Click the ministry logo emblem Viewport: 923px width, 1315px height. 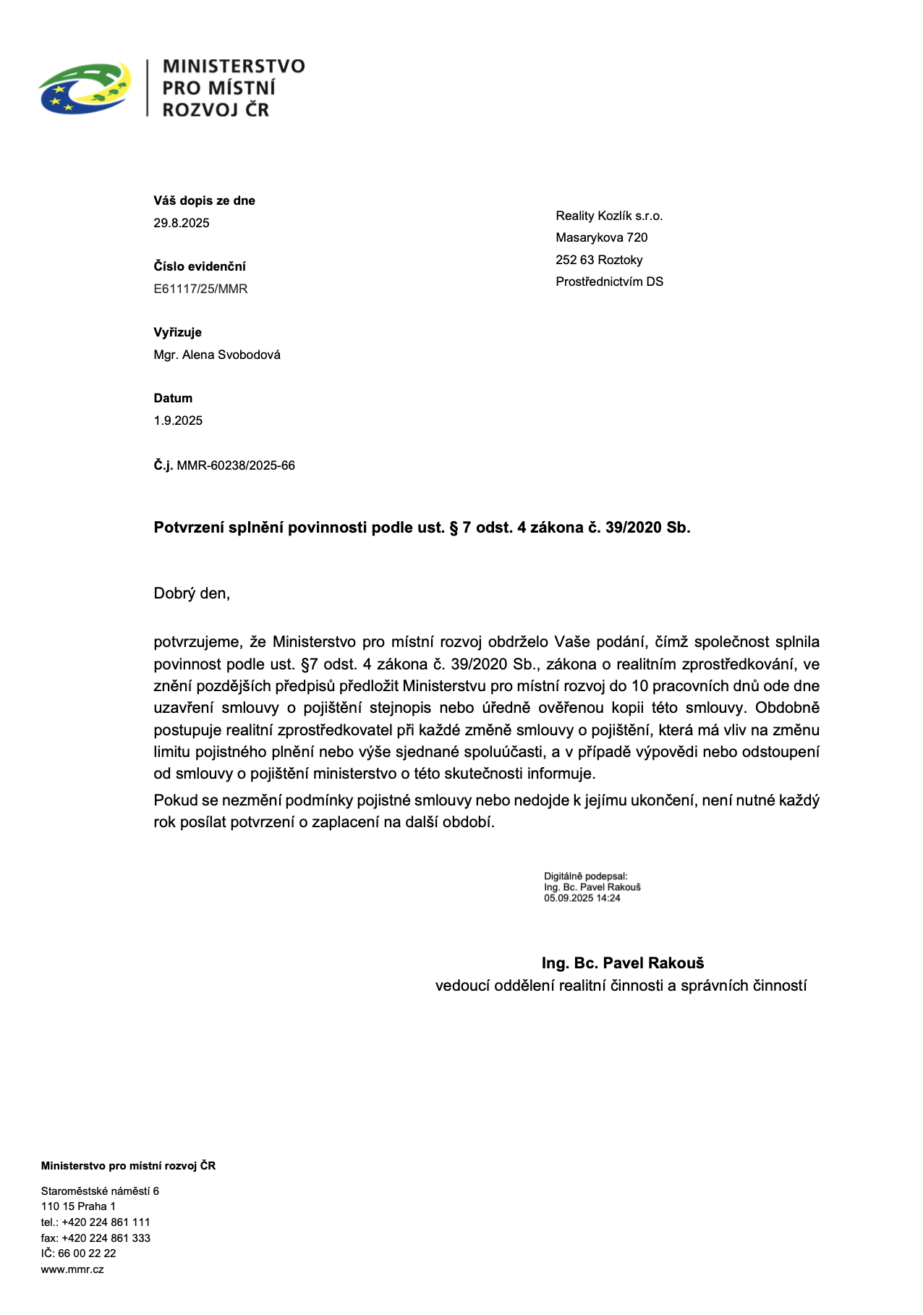point(85,88)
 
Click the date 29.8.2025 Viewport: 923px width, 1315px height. point(182,223)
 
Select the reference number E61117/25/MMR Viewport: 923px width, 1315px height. point(200,289)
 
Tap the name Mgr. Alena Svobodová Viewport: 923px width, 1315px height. point(217,355)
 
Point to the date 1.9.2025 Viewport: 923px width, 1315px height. point(178,420)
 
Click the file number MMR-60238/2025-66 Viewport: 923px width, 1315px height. point(236,465)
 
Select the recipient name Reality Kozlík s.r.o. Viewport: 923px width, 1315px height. point(609,216)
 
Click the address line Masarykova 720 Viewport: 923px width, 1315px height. point(601,237)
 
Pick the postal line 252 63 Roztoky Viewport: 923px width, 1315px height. point(599,260)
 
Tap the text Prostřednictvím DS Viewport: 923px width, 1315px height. point(609,282)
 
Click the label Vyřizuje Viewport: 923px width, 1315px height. point(177,332)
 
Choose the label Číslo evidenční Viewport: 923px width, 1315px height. point(200,266)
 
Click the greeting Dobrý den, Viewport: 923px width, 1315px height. point(192,593)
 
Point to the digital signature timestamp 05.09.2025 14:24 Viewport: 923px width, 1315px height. point(582,898)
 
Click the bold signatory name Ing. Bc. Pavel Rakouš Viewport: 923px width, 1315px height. point(623,963)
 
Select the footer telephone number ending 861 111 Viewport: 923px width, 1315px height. point(106,1222)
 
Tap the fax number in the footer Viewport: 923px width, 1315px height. point(106,1238)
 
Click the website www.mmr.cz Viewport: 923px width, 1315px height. point(72,1269)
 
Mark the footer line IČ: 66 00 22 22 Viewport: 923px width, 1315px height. point(78,1253)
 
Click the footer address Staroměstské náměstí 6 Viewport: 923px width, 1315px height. point(100,1191)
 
